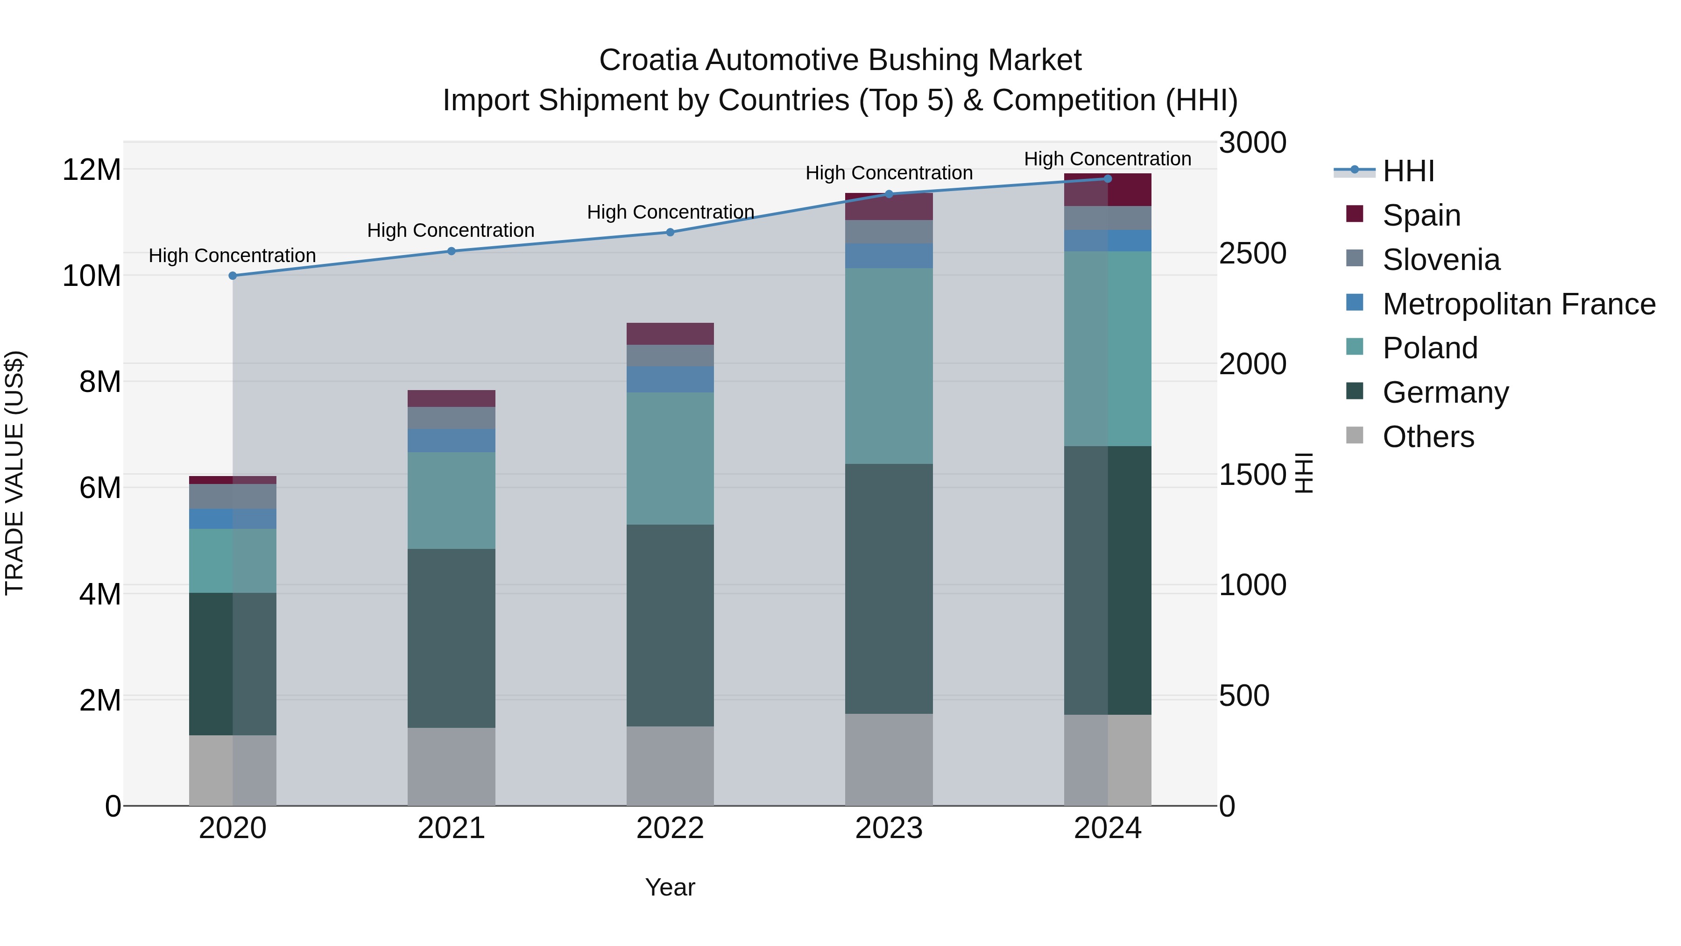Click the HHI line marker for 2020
pos(233,276)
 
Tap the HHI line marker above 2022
pos(670,233)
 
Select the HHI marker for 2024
pos(1108,179)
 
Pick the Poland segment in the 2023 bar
pos(889,366)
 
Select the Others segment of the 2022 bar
pos(670,765)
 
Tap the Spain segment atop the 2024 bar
pos(1108,190)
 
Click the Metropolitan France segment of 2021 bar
pos(451,441)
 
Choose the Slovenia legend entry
pos(1441,260)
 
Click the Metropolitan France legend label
pos(1519,304)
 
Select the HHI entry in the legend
pos(1408,171)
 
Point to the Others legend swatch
pos(1354,435)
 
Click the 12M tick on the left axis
pos(92,170)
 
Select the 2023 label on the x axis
pos(889,828)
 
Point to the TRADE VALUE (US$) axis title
pos(14,473)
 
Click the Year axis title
pos(670,887)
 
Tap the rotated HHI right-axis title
pos(1303,473)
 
